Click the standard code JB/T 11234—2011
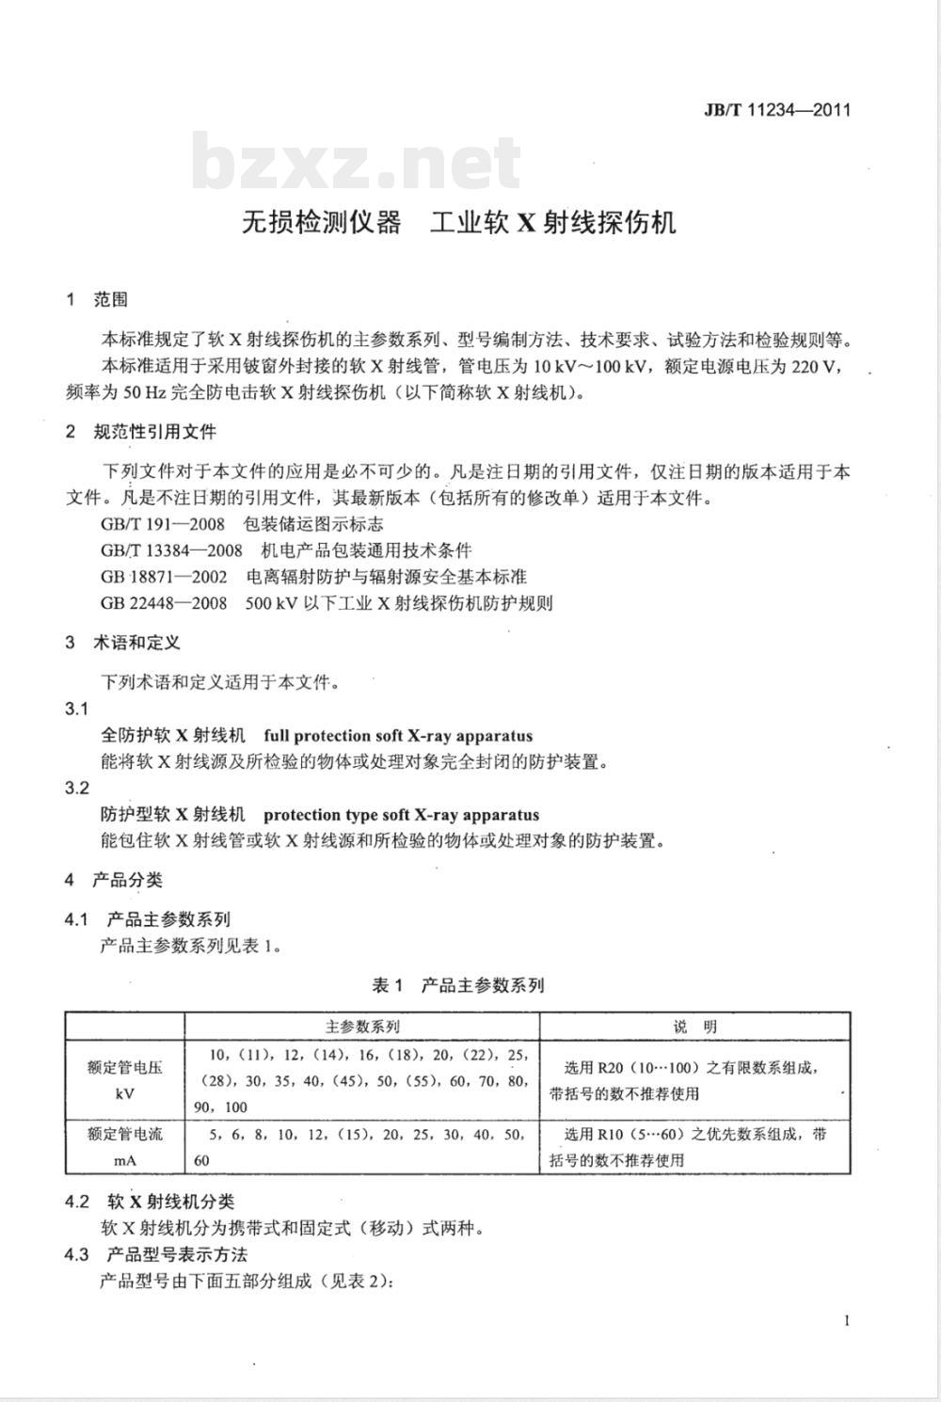pos(776,109)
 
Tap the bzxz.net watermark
pos(357,164)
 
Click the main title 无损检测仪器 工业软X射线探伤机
pos(459,222)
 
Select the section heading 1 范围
pos(97,300)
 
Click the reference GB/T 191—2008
pos(163,524)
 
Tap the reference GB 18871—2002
pos(164,577)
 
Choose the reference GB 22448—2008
pos(164,603)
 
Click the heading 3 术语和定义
pos(123,643)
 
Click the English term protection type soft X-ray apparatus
pos(402,815)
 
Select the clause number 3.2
pos(77,789)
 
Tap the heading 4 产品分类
pos(114,880)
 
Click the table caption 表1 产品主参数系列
pos(458,985)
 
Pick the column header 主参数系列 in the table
pos(362,1027)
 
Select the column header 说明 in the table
pos(694,1027)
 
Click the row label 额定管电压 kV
pos(125,1080)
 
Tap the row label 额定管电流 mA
pos(125,1147)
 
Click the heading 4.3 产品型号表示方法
pos(156,1254)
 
